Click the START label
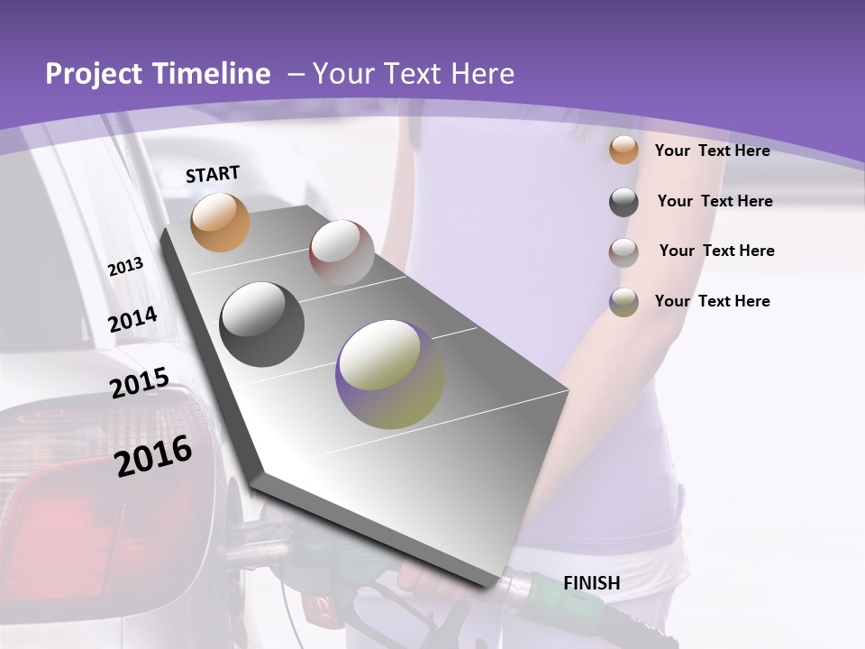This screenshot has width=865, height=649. point(213,174)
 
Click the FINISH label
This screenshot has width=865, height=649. point(591,583)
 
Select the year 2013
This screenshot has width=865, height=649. point(125,267)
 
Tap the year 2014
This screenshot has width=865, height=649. point(132,320)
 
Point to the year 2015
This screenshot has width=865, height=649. point(139,383)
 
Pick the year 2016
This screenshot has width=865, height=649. point(153,455)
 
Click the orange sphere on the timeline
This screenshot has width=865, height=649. point(220,222)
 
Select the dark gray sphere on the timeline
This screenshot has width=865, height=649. point(261,324)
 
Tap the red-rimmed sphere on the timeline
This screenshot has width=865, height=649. point(341,251)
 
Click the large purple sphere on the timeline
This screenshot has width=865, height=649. point(390,374)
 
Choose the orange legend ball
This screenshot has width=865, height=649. point(623,150)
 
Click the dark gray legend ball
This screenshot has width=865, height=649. point(623,202)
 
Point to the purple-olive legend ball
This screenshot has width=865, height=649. point(623,302)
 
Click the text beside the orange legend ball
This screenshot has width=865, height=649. point(712,151)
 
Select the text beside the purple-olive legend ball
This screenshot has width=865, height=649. point(712,301)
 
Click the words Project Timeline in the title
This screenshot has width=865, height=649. point(158,74)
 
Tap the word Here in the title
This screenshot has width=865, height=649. point(482,74)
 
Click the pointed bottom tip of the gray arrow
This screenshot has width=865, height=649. point(493,587)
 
